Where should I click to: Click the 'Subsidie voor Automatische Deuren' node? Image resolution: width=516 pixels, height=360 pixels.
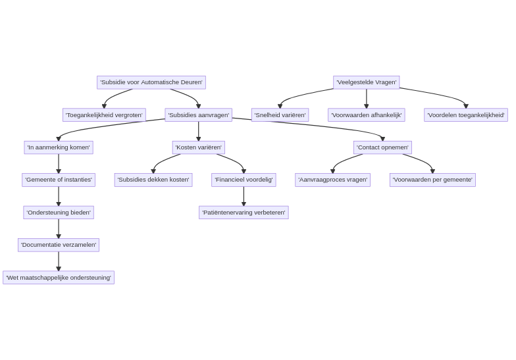(x=151, y=82)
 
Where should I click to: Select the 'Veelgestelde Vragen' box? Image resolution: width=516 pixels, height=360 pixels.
(x=366, y=82)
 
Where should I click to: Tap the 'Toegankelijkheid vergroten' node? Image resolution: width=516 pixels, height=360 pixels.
(x=104, y=115)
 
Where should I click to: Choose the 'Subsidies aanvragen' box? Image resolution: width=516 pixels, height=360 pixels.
(x=198, y=115)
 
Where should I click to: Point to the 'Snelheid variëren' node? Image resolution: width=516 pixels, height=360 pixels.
(x=280, y=115)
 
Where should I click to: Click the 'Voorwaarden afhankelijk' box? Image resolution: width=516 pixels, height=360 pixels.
(x=366, y=115)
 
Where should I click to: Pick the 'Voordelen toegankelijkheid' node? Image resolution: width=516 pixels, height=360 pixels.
(x=465, y=115)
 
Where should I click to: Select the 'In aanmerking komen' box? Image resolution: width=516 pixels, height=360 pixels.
(x=59, y=147)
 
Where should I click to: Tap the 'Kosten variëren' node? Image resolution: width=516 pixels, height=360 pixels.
(x=198, y=147)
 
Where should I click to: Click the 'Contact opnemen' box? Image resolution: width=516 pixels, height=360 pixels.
(x=382, y=147)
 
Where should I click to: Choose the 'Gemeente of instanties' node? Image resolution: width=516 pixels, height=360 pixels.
(x=59, y=180)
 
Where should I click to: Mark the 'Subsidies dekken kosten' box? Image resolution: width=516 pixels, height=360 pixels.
(x=153, y=180)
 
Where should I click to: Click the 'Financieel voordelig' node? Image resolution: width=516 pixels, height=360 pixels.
(x=244, y=180)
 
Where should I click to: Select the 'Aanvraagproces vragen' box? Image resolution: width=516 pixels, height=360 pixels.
(x=332, y=180)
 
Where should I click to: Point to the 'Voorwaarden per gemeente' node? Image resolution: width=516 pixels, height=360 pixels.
(x=432, y=180)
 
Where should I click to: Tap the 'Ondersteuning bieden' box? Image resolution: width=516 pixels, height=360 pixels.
(x=59, y=213)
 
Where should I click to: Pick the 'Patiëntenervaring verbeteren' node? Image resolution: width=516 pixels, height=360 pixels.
(x=244, y=213)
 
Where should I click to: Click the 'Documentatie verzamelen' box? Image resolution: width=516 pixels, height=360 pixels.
(x=59, y=245)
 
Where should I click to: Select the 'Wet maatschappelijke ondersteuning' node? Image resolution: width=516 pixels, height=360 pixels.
(x=59, y=278)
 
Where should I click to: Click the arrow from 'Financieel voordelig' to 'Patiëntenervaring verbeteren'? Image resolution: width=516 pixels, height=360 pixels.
(x=244, y=196)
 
